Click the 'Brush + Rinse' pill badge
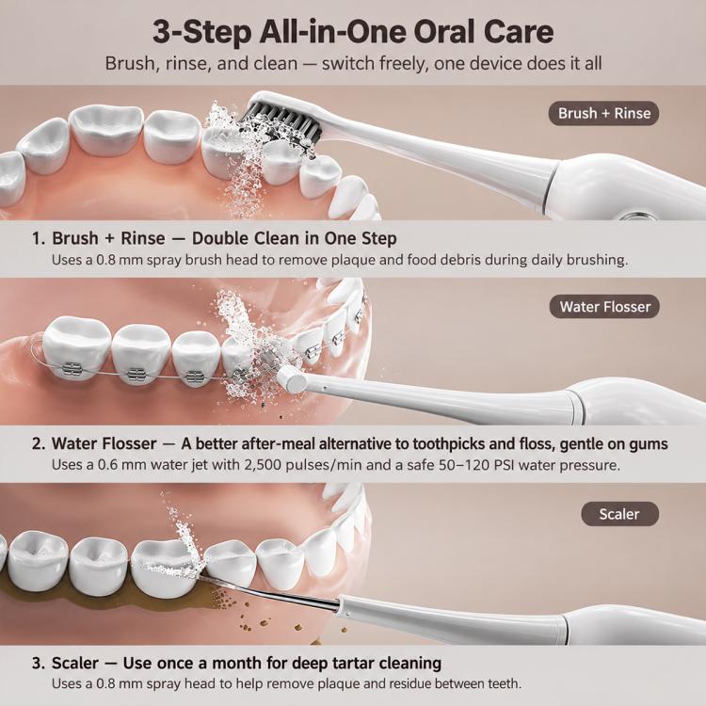[603, 113]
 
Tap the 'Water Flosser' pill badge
[604, 307]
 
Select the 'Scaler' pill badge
[619, 514]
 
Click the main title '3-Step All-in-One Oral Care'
[353, 32]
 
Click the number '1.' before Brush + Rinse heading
[39, 238]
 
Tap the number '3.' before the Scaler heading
[39, 663]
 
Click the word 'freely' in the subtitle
[402, 64]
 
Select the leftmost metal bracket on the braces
[72, 369]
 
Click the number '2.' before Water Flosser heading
[39, 443]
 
